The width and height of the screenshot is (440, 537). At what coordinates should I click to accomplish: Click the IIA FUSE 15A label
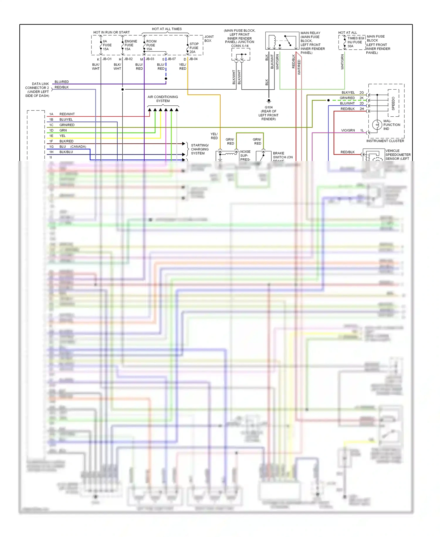pyautogui.click(x=107, y=45)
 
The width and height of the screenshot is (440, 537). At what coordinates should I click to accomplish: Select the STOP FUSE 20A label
pyautogui.click(x=194, y=48)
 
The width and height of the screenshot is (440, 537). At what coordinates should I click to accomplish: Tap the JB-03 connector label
pyautogui.click(x=150, y=59)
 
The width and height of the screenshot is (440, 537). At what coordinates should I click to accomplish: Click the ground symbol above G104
pyautogui.click(x=269, y=101)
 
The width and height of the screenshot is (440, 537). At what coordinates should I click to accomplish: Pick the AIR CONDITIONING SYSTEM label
pyautogui.click(x=163, y=99)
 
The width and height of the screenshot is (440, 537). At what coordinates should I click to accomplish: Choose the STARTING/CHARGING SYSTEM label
pyautogui.click(x=200, y=149)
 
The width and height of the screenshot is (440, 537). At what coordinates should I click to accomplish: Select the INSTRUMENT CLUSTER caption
pyautogui.click(x=385, y=141)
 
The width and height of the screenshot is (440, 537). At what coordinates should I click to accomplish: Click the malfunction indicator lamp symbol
pyautogui.click(x=377, y=125)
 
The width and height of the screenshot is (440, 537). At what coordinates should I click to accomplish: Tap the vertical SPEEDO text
pyautogui.click(x=393, y=103)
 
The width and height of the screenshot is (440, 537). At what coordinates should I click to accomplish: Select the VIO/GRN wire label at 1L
pyautogui.click(x=348, y=130)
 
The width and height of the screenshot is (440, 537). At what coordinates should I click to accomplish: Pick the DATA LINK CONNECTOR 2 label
pyautogui.click(x=37, y=90)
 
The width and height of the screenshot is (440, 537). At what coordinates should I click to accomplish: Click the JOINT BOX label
pyautogui.click(x=209, y=39)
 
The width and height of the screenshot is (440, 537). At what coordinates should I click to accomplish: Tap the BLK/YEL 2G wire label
pyautogui.click(x=348, y=93)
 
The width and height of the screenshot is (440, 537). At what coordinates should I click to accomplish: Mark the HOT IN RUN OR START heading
pyautogui.click(x=111, y=32)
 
